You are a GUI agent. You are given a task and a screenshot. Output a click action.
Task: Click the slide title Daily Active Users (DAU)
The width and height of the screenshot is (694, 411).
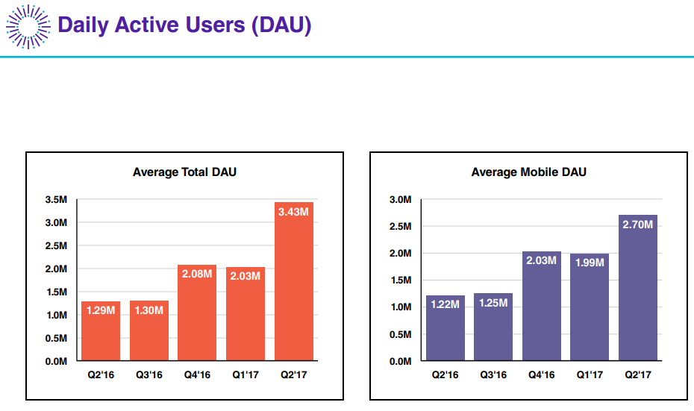coord(184,25)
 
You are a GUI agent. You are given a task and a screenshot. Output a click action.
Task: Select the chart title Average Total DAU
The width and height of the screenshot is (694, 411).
coord(184,172)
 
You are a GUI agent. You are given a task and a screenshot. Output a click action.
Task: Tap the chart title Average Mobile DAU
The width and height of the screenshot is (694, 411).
coord(528,172)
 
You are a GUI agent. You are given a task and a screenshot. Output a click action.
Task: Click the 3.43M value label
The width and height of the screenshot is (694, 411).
coord(294,212)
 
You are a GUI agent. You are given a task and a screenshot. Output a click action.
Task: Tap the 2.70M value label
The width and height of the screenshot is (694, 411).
coord(638,225)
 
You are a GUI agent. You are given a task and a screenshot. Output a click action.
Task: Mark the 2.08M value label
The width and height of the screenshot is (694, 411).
coord(197,274)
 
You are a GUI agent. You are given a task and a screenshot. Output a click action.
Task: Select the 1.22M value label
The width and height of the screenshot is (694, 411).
coord(446,305)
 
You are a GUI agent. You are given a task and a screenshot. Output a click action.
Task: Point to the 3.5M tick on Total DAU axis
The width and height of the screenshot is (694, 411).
coord(57,200)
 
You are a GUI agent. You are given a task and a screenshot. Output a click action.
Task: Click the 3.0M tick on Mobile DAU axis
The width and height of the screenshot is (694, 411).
coord(400,200)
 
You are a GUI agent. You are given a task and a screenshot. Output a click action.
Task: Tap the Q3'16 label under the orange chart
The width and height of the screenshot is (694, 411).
coord(149,374)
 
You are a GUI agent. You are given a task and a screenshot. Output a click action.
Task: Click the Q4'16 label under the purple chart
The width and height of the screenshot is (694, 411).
coord(541,374)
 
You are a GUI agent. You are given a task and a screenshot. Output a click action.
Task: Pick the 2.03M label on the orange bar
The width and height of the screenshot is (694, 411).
coord(246,277)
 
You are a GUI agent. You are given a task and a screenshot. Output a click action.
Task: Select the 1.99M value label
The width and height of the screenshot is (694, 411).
coord(590,263)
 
